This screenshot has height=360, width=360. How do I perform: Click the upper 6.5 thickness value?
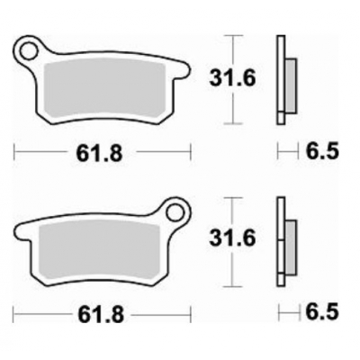[x=322, y=152]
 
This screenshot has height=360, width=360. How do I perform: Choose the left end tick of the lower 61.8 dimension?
[x=15, y=315]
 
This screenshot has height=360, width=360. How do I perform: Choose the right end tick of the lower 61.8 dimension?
[x=192, y=315]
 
